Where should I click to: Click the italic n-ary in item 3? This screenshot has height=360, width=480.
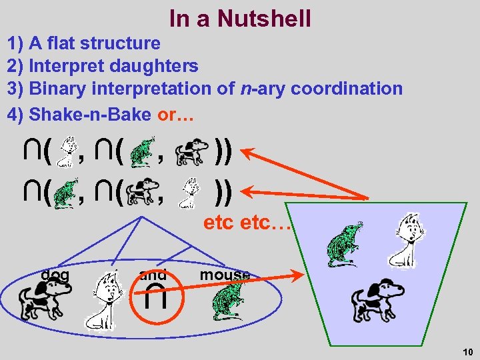click(x=257, y=89)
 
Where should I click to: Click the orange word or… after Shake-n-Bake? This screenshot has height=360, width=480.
click(x=175, y=114)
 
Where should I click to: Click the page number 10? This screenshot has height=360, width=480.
click(x=466, y=351)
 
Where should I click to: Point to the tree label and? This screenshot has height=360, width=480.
click(x=153, y=275)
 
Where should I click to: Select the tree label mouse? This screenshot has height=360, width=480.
click(x=225, y=275)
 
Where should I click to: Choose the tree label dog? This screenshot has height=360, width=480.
click(x=55, y=274)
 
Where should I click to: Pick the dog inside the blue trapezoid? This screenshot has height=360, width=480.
click(x=377, y=299)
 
